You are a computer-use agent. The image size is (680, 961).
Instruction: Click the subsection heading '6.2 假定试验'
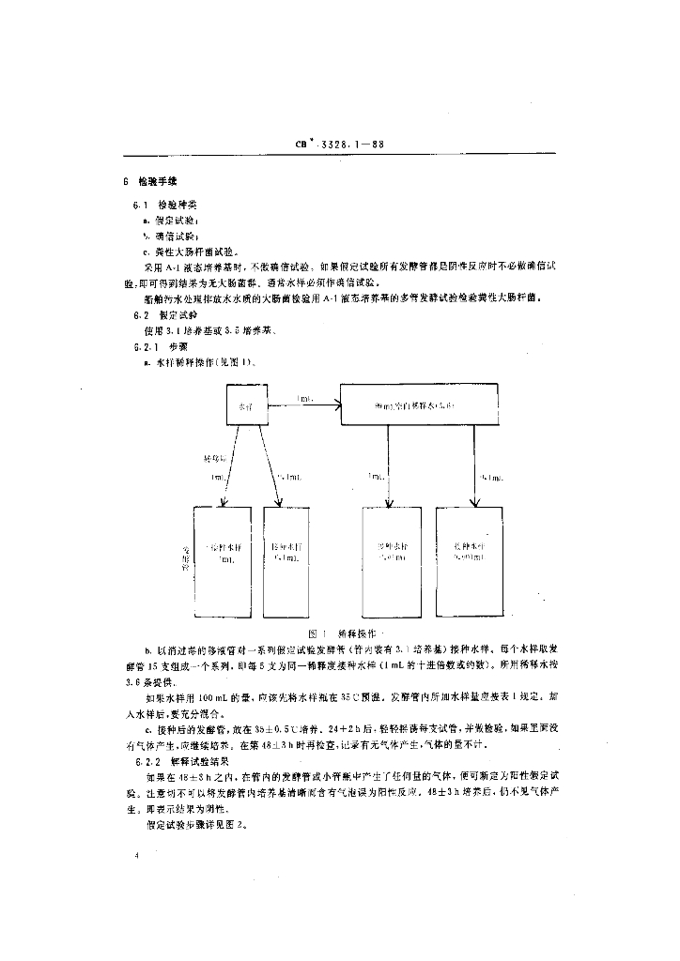[162, 316]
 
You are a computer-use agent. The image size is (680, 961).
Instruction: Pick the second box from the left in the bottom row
[286, 560]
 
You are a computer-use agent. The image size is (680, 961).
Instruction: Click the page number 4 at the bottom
[137, 855]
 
